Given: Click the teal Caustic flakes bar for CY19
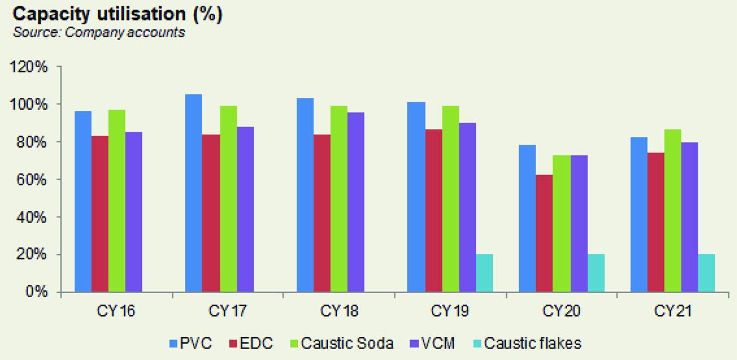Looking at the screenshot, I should click(x=484, y=273).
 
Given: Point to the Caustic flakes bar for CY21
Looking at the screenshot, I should click(x=706, y=273).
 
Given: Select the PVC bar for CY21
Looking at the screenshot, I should click(x=639, y=215).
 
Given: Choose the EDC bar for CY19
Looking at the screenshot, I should click(x=434, y=211).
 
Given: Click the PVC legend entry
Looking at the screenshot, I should click(x=191, y=343).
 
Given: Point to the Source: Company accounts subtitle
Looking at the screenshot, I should click(x=99, y=33).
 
